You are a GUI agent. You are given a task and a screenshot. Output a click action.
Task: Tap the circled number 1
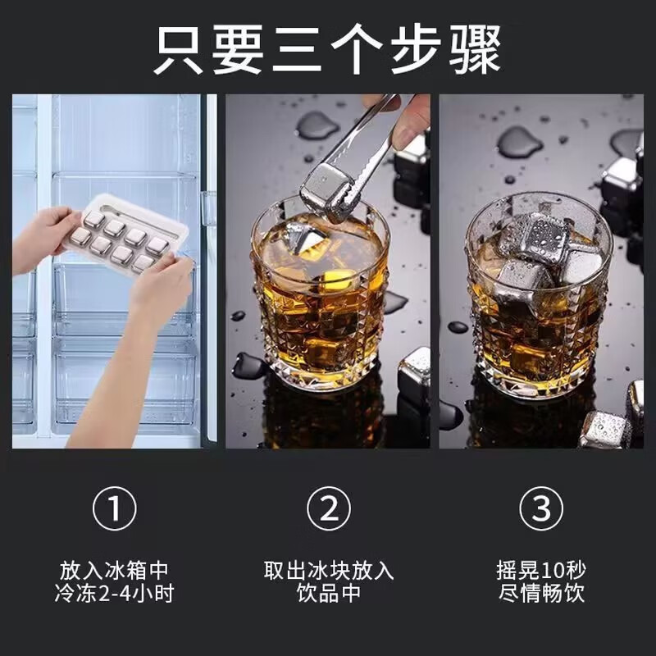click(x=115, y=510)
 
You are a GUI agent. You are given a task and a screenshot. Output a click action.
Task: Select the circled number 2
click(x=328, y=510)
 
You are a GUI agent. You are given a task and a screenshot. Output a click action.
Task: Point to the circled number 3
click(x=541, y=510)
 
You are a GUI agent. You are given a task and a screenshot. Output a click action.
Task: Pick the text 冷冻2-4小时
click(x=115, y=594)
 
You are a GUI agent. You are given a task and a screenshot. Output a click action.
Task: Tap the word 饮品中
click(x=328, y=594)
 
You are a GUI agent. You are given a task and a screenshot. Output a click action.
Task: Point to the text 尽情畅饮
click(x=541, y=594)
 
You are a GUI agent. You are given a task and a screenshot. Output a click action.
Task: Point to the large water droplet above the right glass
click(x=519, y=141)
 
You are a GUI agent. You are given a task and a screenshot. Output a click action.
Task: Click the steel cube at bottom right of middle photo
click(x=415, y=373)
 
